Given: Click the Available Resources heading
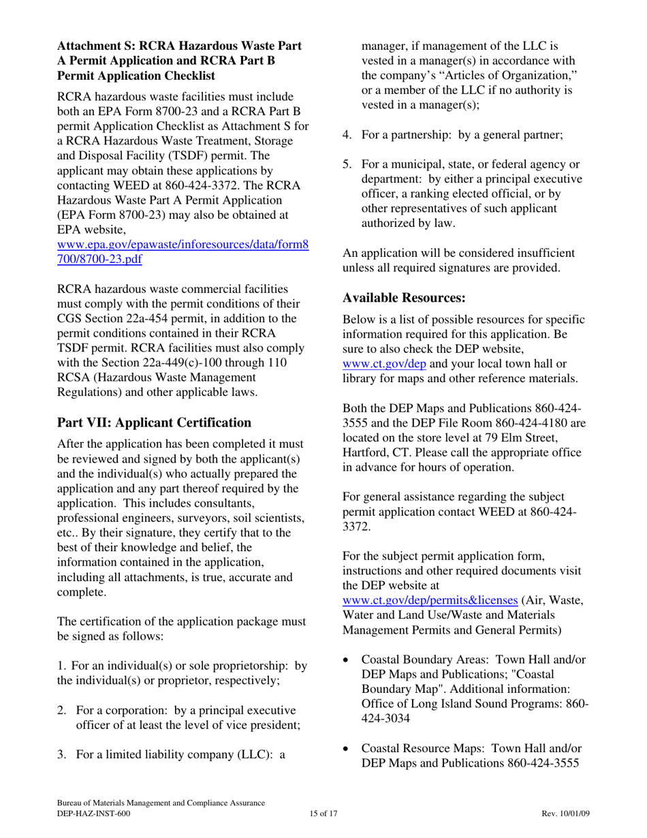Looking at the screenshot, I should (404, 298).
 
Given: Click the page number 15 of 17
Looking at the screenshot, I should (323, 814).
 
